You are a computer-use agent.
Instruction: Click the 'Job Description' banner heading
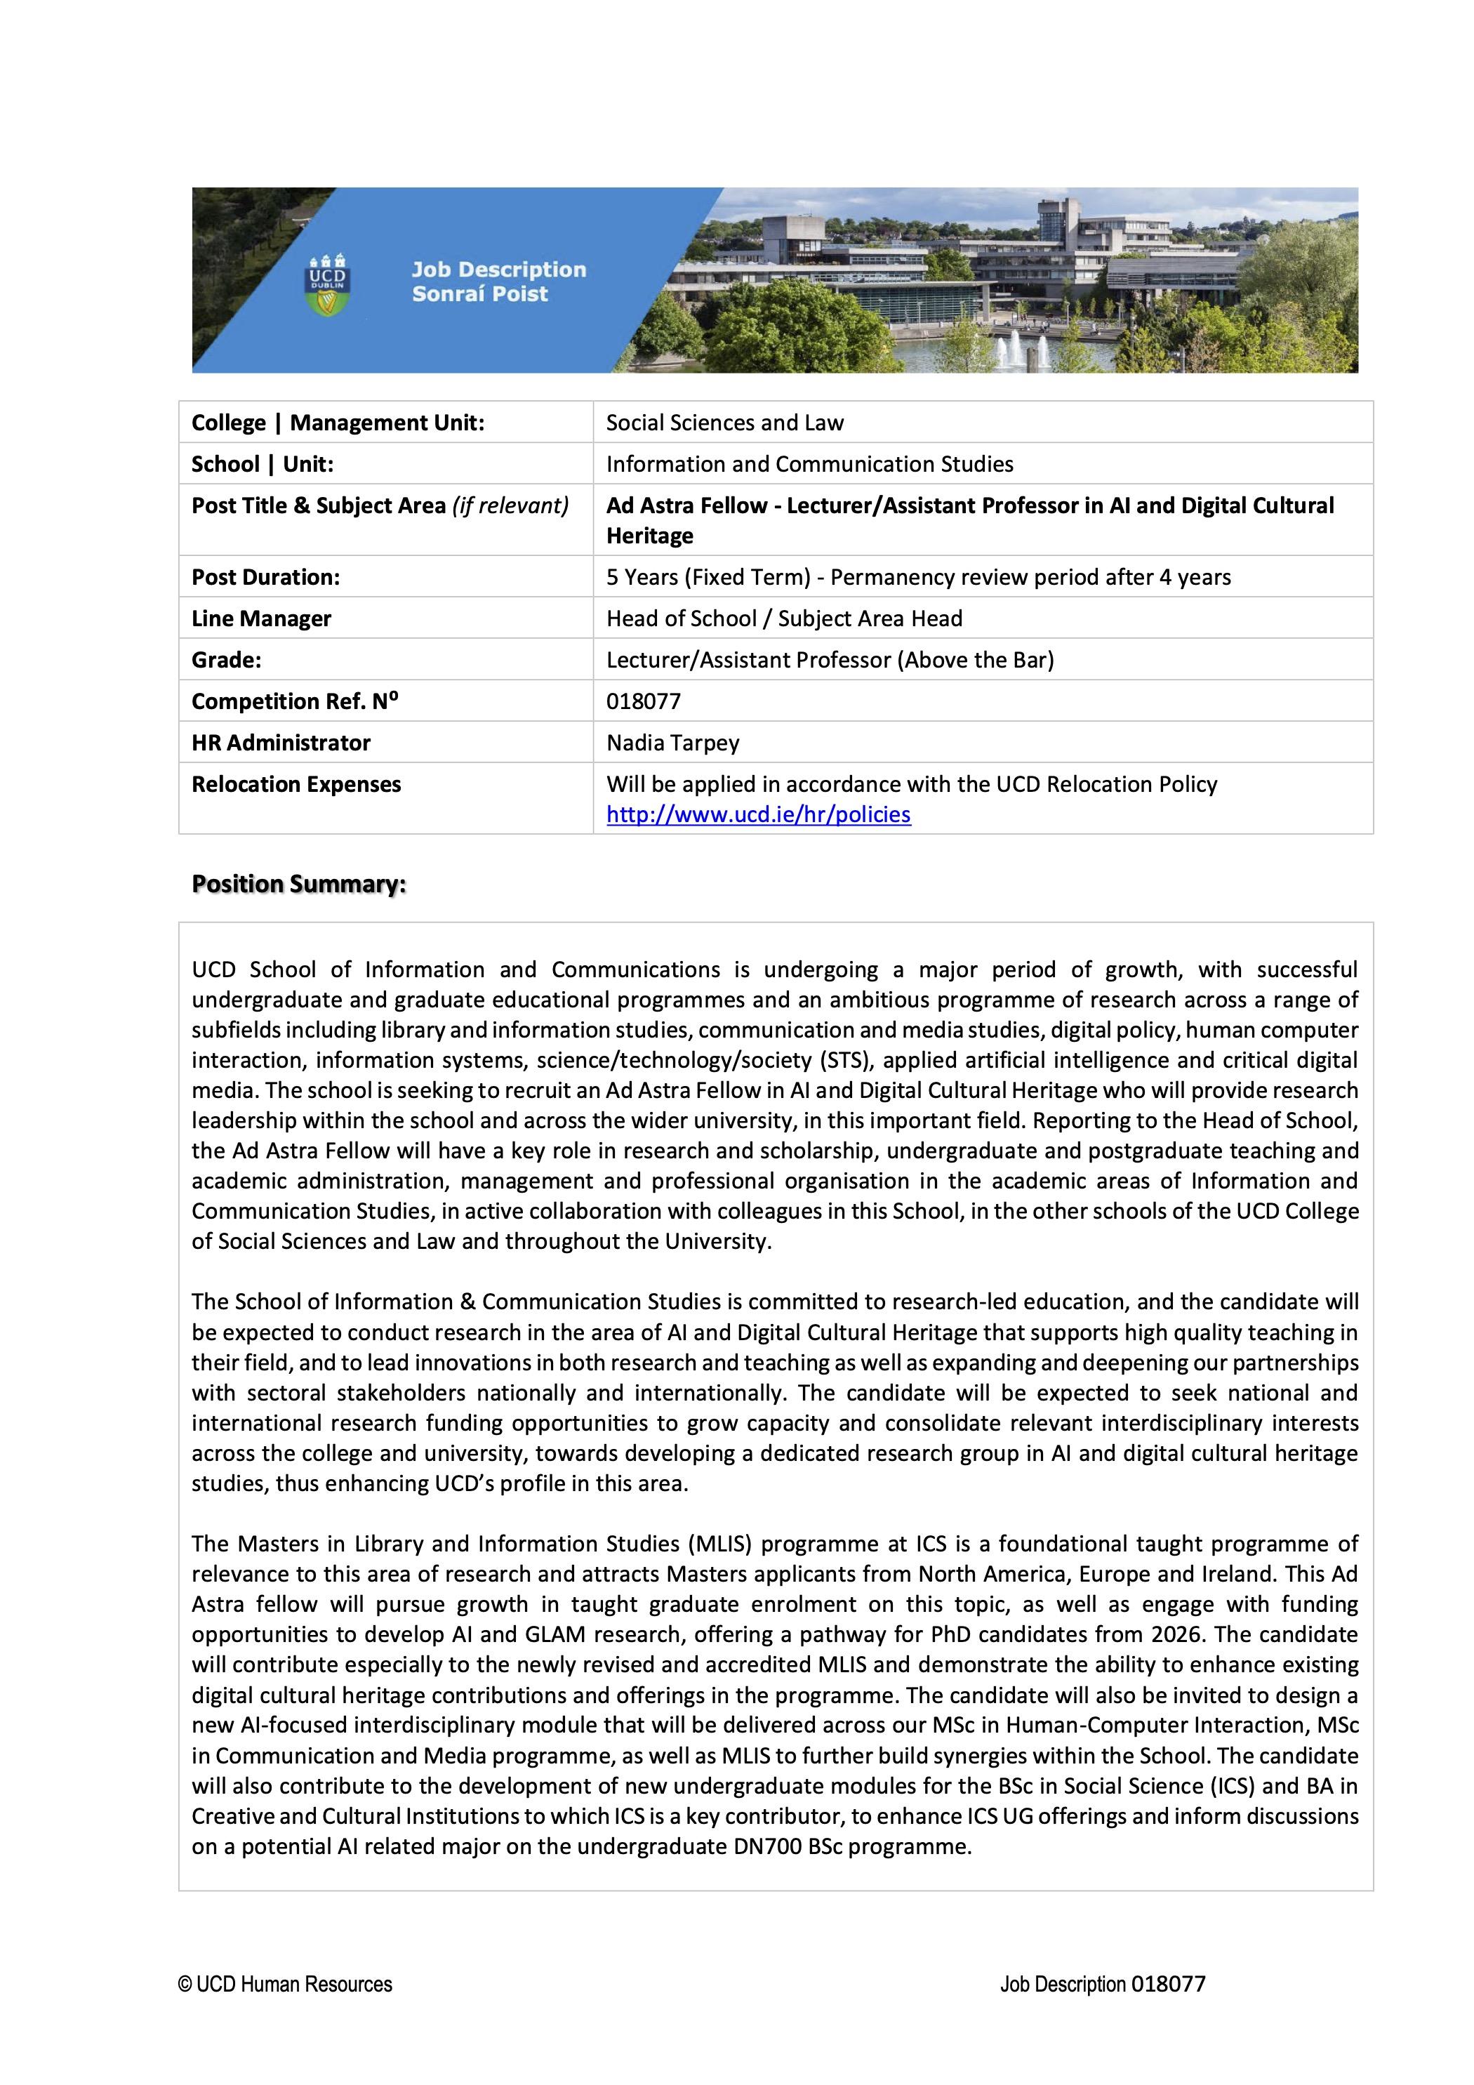coord(498,270)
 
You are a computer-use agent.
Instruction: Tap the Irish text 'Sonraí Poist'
coord(479,294)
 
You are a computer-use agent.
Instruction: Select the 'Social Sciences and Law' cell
coord(725,423)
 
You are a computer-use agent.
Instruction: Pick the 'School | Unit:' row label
coord(263,464)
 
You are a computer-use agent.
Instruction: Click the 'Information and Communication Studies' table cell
coord(809,464)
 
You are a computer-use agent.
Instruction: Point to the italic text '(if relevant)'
coord(510,506)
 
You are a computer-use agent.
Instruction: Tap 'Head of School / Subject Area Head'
coord(784,618)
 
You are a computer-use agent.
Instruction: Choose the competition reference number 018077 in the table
coord(643,701)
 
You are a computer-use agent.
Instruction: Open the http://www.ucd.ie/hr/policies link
coord(758,814)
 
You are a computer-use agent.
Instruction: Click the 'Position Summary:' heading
coord(299,884)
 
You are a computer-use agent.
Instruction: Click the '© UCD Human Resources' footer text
coord(285,1984)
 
